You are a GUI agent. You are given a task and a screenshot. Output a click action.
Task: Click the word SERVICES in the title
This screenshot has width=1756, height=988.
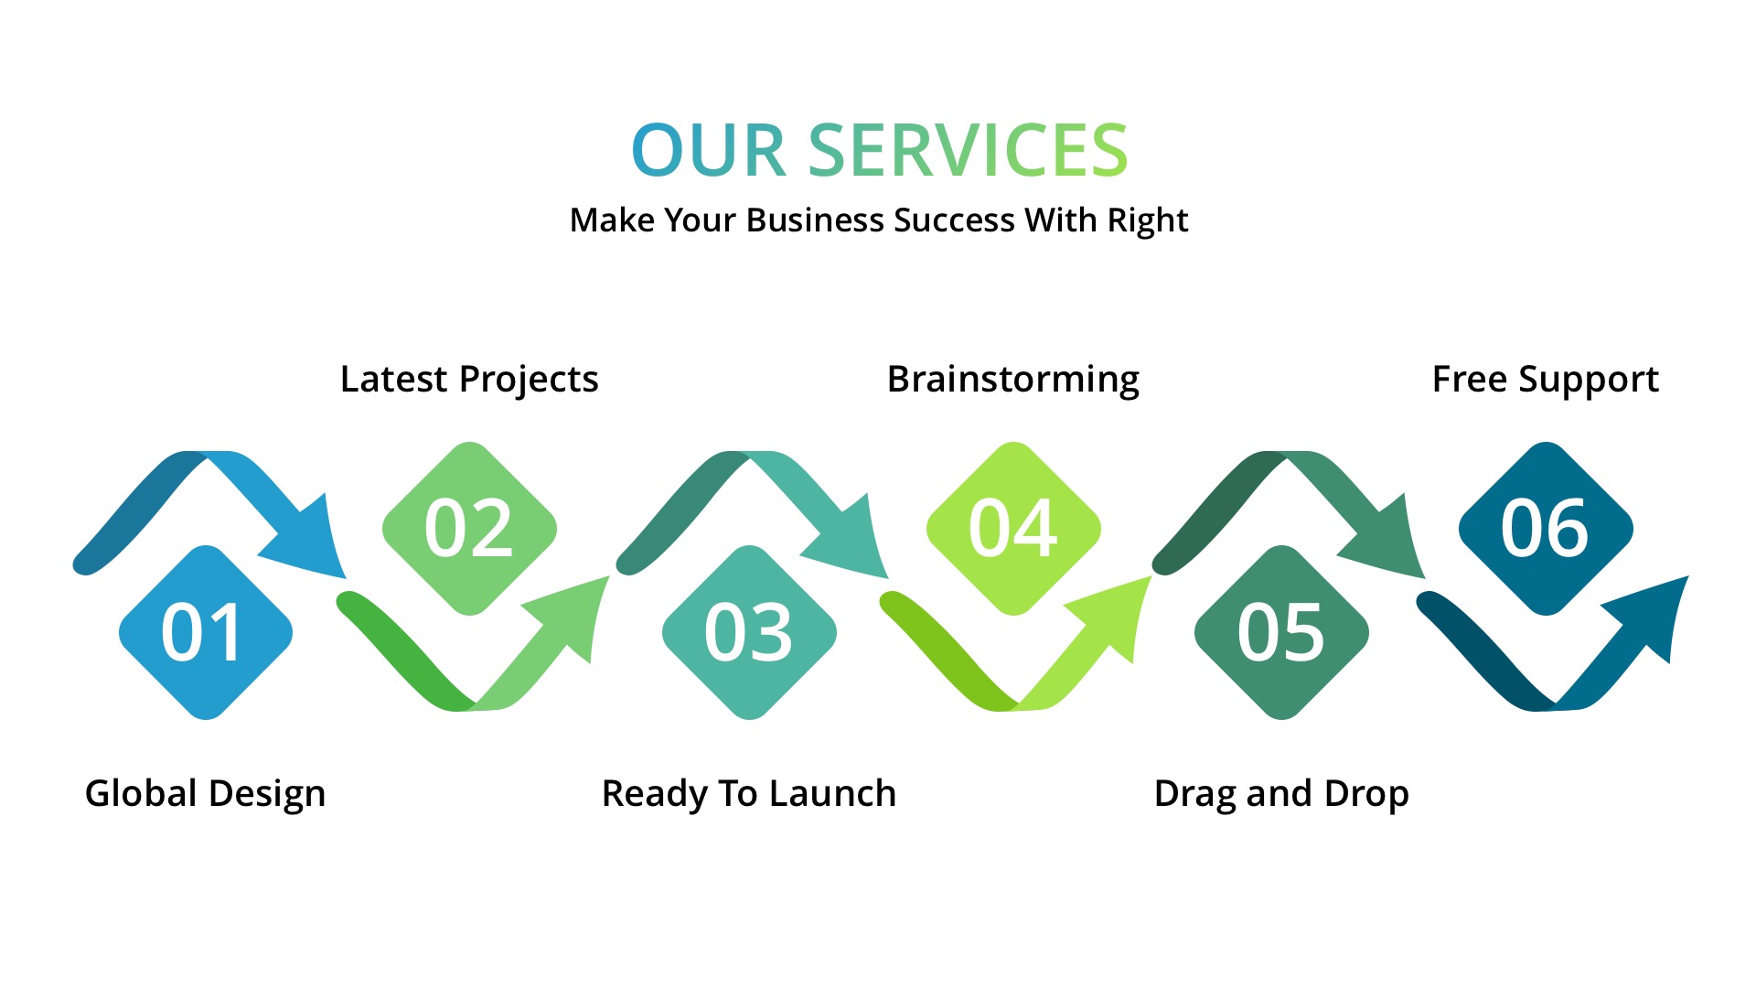(x=969, y=150)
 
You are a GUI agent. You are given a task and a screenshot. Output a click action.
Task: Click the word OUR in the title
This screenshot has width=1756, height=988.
(x=709, y=150)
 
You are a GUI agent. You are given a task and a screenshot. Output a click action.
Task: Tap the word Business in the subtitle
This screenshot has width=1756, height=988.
(x=816, y=220)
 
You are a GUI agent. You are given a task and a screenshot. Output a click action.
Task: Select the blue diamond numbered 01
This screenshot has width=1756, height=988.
(x=206, y=633)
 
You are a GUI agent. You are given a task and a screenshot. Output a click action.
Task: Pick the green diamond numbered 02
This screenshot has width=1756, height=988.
(x=469, y=529)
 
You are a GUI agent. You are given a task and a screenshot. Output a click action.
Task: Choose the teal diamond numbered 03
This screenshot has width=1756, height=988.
(x=749, y=633)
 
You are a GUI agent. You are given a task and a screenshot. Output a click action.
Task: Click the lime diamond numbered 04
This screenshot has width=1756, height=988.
(x=1013, y=529)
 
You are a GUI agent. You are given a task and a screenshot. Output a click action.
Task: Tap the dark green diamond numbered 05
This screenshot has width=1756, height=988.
(x=1281, y=633)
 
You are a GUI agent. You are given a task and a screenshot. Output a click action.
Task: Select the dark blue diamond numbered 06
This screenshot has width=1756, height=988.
(x=1546, y=529)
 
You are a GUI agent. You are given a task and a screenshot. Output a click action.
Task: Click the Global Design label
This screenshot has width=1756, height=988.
(x=206, y=793)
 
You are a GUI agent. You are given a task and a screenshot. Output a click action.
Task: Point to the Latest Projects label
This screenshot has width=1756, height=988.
(x=469, y=379)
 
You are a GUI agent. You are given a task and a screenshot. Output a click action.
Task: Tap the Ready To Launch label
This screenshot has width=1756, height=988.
(x=749, y=793)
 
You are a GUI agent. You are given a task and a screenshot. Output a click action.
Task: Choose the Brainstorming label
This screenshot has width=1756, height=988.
(x=1013, y=379)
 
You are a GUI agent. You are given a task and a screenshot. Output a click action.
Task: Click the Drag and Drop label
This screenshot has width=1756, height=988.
(x=1281, y=793)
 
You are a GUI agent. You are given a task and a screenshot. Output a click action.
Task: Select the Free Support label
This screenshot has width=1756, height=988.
(x=1546, y=379)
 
